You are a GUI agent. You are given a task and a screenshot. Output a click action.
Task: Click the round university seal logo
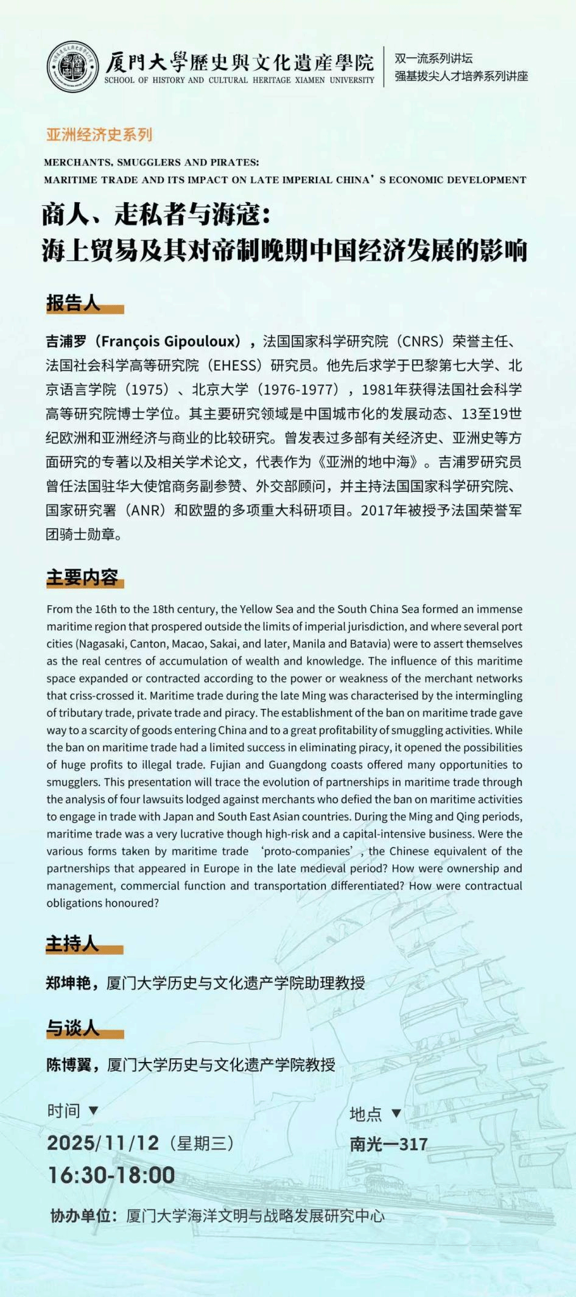click(72, 67)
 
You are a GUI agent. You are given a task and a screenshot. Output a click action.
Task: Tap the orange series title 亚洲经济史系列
click(99, 135)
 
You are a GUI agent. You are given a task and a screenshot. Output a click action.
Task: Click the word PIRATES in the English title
click(234, 163)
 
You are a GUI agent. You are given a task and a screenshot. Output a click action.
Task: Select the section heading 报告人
click(73, 303)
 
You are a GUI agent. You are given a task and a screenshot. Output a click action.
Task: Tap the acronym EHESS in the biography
click(234, 365)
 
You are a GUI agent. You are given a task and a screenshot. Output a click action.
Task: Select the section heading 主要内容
click(82, 577)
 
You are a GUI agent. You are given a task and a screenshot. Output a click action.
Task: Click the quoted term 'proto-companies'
click(307, 851)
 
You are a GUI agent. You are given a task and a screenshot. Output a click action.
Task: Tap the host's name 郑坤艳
click(68, 983)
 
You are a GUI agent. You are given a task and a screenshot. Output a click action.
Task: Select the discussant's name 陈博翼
click(69, 1065)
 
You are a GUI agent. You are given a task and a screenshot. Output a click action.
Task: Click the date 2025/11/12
click(103, 1143)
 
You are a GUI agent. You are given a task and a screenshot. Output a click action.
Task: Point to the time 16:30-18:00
click(111, 1175)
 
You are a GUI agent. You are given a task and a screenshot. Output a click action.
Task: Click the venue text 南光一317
click(388, 1145)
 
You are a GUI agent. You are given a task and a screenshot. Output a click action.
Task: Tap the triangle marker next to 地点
click(396, 1114)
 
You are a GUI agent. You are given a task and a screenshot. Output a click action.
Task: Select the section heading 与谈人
click(73, 1028)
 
